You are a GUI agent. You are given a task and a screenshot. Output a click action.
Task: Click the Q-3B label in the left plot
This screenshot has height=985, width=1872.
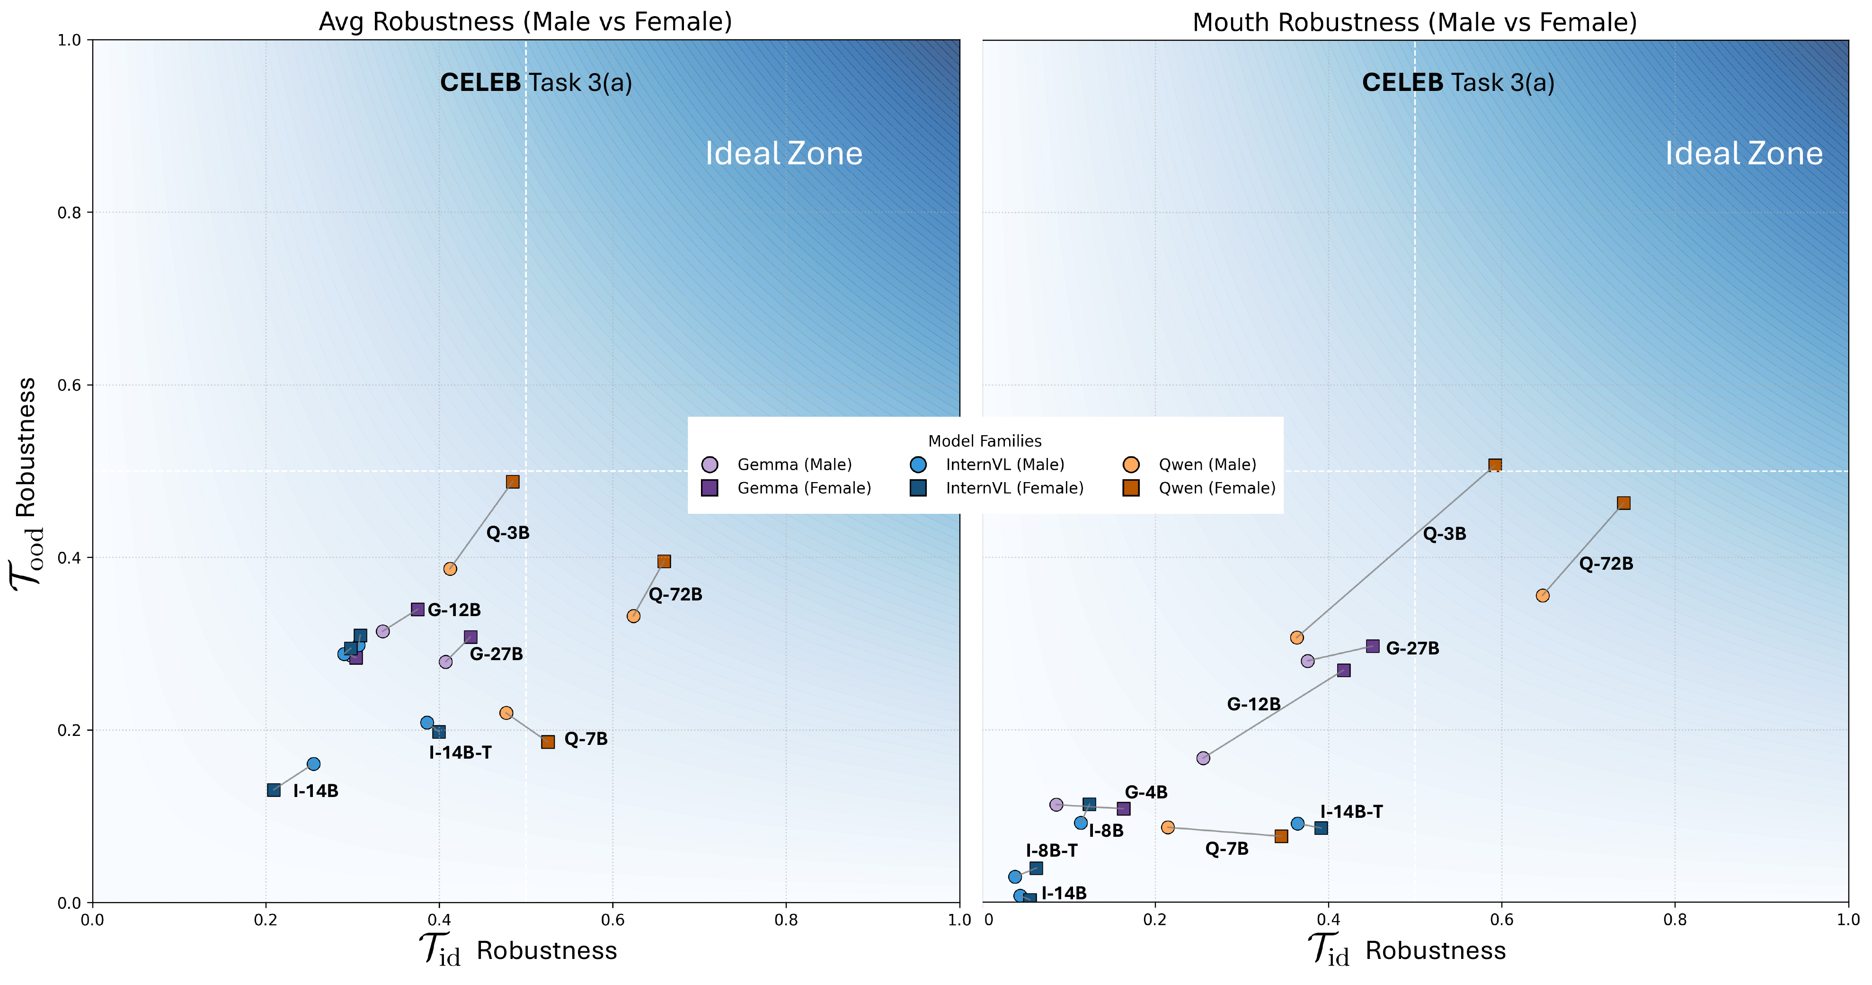click(508, 533)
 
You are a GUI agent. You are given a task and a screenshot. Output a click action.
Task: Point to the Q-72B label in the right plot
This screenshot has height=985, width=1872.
click(1606, 564)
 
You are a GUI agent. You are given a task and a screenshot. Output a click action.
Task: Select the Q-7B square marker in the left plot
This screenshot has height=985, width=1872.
click(548, 742)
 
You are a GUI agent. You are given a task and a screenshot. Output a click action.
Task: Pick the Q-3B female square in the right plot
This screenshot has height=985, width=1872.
click(1495, 465)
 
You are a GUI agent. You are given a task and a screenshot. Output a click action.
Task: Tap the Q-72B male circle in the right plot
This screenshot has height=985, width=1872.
click(1543, 595)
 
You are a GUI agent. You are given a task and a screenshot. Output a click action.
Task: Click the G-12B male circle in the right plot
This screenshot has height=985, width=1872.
click(1203, 758)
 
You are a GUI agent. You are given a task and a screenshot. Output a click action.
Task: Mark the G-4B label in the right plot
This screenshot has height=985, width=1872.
click(1146, 792)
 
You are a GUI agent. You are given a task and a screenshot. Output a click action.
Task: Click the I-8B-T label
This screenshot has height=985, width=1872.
click(1052, 851)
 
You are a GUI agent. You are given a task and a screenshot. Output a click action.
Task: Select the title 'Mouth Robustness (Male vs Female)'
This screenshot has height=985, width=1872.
click(1414, 23)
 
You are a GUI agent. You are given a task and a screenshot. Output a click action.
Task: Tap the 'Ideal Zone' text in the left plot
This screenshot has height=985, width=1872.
click(783, 154)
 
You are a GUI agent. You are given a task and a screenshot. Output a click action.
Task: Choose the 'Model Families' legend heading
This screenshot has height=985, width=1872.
click(985, 441)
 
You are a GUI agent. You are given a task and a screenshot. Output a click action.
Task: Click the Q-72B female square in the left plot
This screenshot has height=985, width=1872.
click(664, 561)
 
